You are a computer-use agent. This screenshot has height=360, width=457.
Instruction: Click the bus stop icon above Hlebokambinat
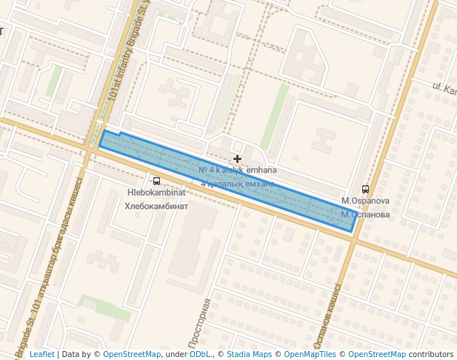[156, 181]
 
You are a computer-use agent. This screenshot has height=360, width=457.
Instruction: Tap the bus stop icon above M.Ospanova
[365, 189]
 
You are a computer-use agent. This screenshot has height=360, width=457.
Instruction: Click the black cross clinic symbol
[237, 159]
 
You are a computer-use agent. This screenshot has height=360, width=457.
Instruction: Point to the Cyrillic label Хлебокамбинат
[156, 206]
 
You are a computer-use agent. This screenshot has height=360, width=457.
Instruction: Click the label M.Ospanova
[365, 201]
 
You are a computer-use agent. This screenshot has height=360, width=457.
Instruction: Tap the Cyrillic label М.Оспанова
[365, 214]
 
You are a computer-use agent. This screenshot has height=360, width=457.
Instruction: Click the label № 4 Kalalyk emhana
[238, 170]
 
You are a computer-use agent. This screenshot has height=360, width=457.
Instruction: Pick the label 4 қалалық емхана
[237, 183]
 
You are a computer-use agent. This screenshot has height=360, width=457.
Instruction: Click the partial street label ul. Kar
[444, 91]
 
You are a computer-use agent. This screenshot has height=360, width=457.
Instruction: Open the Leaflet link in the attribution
[41, 354]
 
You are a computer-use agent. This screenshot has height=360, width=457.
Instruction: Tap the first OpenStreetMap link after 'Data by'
[132, 354]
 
